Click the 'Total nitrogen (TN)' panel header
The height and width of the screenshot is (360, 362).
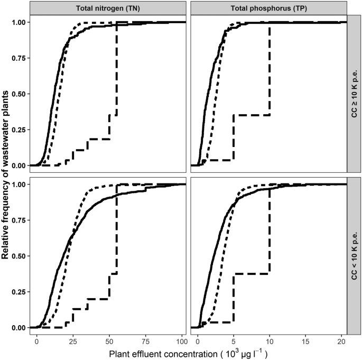108,8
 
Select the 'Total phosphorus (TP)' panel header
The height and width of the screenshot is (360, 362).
268,8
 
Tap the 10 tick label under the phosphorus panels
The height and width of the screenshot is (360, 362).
270,339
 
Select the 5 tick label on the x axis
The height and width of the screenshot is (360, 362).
233,339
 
